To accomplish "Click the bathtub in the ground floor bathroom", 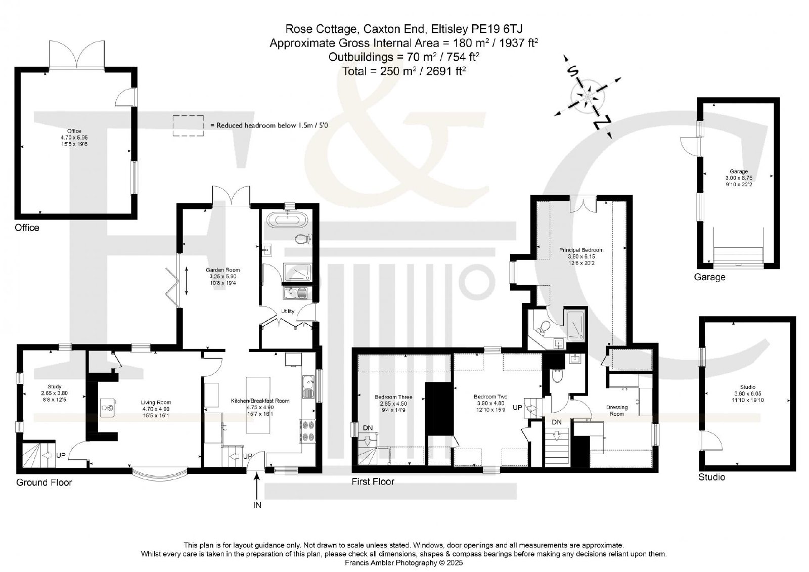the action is click(x=287, y=219).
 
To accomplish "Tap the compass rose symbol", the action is click(x=588, y=97).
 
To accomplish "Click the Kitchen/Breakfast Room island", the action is click(x=258, y=405).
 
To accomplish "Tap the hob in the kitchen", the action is click(x=307, y=431).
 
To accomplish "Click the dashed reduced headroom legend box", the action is click(x=188, y=125).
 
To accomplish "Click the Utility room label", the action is click(x=288, y=311).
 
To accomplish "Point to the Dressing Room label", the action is click(x=617, y=411).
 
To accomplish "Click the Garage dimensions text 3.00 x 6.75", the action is click(x=739, y=178).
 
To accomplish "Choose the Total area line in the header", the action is click(x=404, y=71).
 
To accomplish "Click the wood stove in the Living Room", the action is click(x=108, y=408).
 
